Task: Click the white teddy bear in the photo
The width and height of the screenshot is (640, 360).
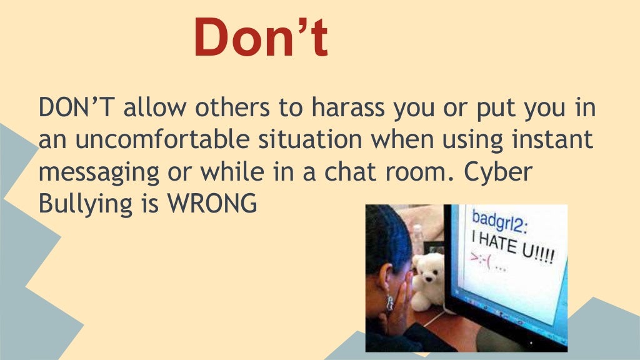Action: pos(429,278)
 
